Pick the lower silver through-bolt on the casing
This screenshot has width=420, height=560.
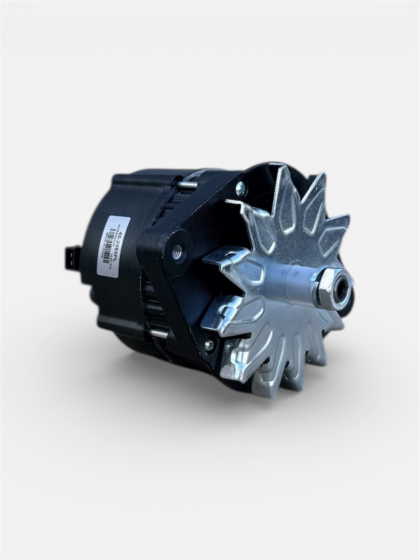[157, 334]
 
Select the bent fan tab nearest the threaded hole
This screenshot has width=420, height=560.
[219, 257]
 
